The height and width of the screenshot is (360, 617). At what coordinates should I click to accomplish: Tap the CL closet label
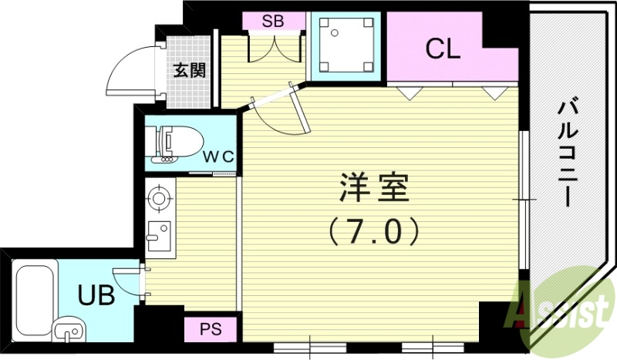pos(443,50)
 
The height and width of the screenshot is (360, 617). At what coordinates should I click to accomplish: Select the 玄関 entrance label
pos(188,71)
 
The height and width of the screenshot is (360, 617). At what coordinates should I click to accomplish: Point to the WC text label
pos(218,156)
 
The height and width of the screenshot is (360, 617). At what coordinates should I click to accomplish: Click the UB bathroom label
pos(96,294)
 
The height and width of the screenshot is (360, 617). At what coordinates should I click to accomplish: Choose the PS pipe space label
pos(211,330)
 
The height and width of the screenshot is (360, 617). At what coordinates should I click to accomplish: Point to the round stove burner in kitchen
pos(159,198)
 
